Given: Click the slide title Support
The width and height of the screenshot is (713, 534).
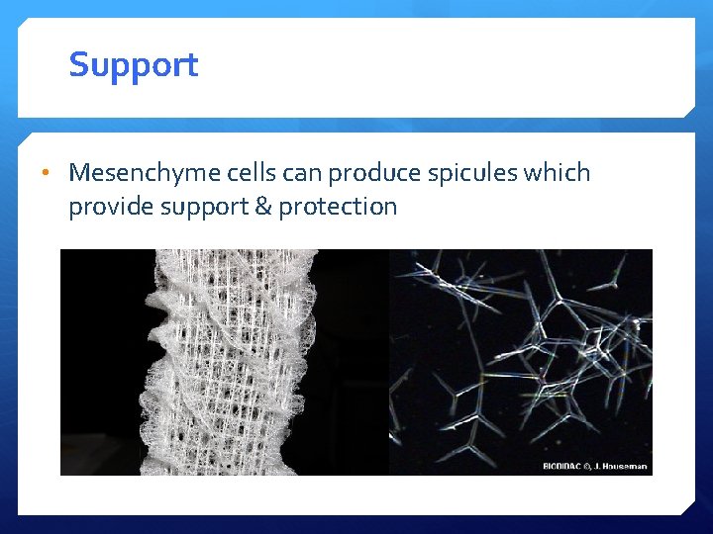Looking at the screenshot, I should [134, 65].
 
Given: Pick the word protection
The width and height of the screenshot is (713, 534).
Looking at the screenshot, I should [338, 207].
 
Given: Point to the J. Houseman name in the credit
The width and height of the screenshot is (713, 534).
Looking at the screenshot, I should [625, 466].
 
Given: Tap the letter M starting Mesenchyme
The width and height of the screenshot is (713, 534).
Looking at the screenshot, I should [80, 173].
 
